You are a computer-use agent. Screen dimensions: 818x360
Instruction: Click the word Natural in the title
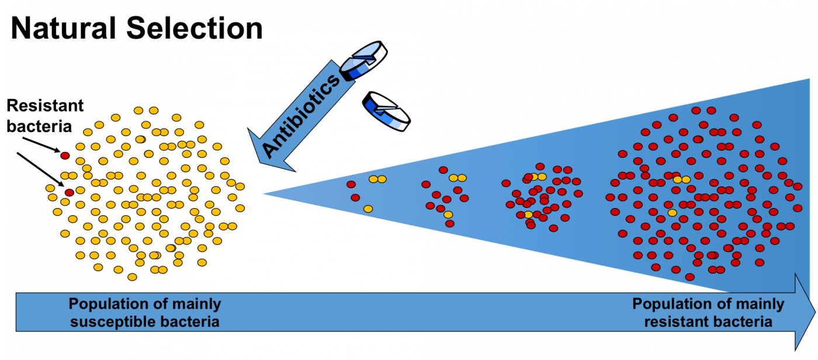pyautogui.click(x=64, y=29)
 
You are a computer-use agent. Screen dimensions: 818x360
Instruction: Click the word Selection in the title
pyautogui.click(x=195, y=29)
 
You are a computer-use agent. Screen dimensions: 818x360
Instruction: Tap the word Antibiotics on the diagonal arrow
pyautogui.click(x=301, y=116)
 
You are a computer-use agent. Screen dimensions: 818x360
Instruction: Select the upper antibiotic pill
pyautogui.click(x=363, y=60)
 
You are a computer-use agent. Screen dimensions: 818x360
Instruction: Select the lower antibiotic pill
pyautogui.click(x=386, y=111)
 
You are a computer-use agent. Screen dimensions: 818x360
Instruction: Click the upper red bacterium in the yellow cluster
pyautogui.click(x=65, y=156)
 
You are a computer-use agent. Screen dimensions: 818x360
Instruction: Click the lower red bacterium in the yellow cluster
pyautogui.click(x=70, y=192)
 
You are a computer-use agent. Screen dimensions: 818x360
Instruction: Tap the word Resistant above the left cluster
pyautogui.click(x=45, y=106)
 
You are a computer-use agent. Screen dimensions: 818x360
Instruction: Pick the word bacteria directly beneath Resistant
pyautogui.click(x=39, y=126)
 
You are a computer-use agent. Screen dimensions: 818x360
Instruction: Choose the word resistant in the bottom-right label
pyautogui.click(x=671, y=321)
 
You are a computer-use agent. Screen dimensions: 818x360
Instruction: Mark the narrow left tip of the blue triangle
pyautogui.click(x=264, y=193)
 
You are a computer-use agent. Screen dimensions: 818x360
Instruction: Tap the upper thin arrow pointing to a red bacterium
pyautogui.click(x=41, y=144)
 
